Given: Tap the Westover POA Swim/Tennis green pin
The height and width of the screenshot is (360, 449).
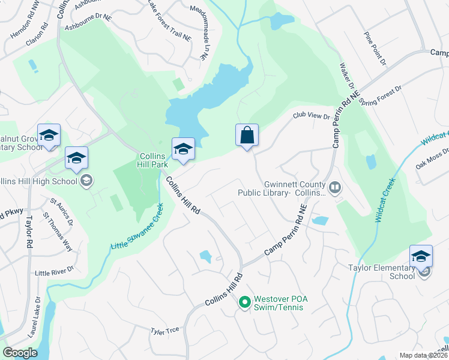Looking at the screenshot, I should pos(244,302).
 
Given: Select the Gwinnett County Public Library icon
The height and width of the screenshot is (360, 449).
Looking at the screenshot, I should pos(335,188).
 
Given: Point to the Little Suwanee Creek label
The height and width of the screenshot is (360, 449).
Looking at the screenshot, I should pos(137,228).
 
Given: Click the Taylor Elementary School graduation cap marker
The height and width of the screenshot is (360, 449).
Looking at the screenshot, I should pos(421,256).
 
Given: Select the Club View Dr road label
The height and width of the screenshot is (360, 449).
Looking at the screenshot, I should pos(312,116).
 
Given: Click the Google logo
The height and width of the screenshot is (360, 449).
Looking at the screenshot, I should pos(20,353).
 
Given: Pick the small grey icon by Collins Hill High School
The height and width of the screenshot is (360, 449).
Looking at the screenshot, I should pos(86,181).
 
